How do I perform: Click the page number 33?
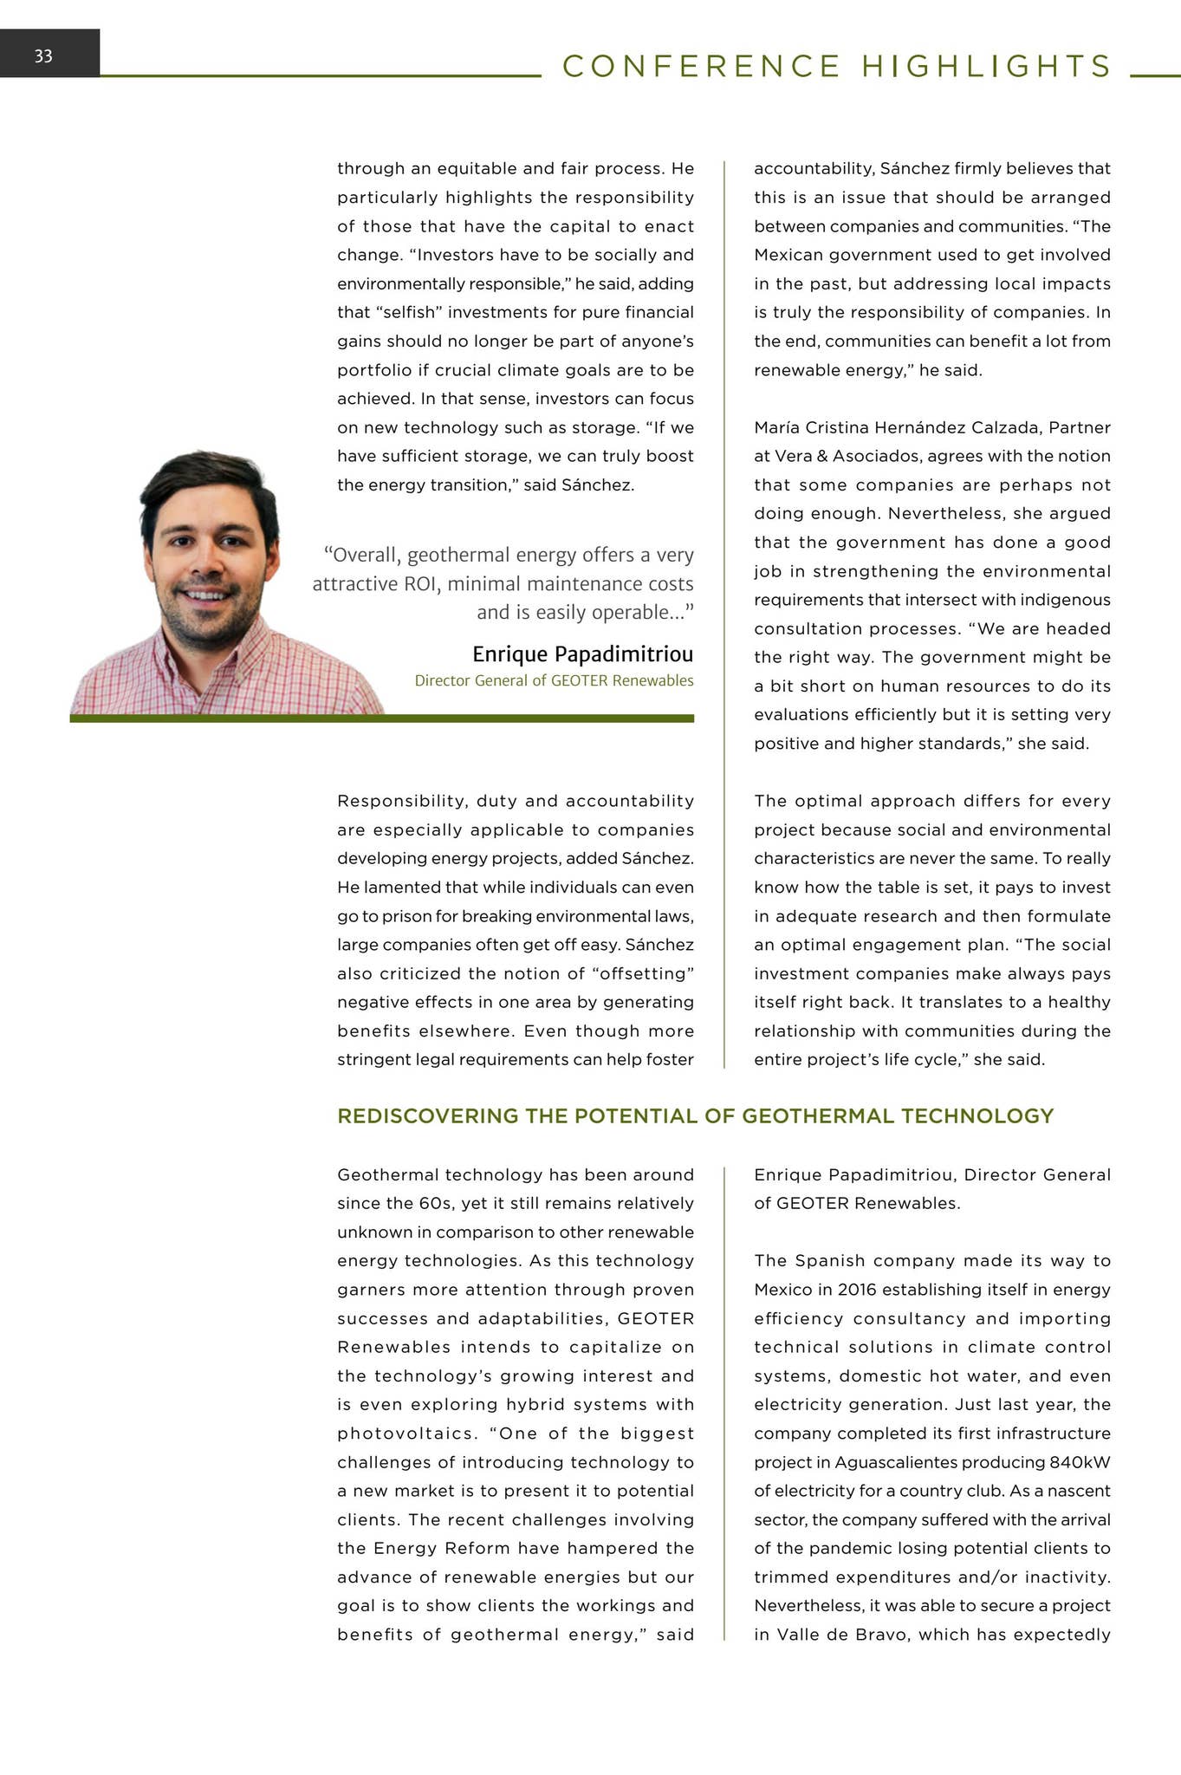(43, 56)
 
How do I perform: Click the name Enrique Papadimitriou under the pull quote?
(582, 653)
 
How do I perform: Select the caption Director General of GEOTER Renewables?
(554, 680)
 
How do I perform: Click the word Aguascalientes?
(896, 1462)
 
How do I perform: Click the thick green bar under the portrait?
(381, 718)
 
